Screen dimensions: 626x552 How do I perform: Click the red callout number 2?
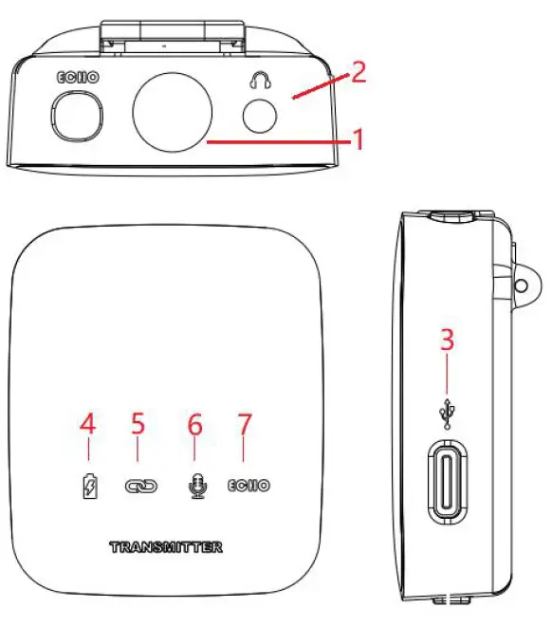point(358,73)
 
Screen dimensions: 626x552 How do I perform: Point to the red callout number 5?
point(138,424)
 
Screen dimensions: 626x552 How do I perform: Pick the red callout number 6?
point(195,424)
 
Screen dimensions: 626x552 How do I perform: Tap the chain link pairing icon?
point(140,486)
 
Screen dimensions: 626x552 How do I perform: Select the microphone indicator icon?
point(195,486)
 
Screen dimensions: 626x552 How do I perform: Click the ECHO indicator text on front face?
point(248,486)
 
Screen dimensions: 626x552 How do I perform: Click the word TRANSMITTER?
point(167,547)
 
